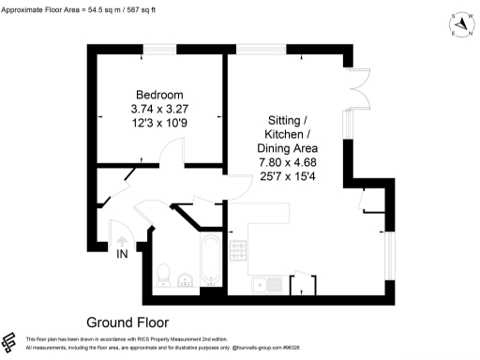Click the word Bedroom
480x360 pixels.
159,95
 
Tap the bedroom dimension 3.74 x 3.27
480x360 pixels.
159,109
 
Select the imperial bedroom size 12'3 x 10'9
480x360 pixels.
159,123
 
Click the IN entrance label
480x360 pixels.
122,254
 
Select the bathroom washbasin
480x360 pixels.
186,277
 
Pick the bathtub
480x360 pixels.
210,262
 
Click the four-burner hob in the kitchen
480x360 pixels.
239,250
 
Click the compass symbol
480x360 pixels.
459,25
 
